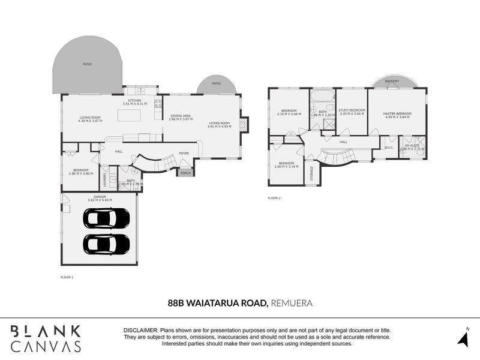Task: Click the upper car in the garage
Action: tap(106, 218)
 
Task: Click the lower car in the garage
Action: tap(106, 244)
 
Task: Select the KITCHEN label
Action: tap(134, 101)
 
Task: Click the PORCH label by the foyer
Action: tap(185, 173)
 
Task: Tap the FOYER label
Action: tap(184, 153)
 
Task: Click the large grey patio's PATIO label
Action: tap(88, 64)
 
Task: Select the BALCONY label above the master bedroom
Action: tap(392, 80)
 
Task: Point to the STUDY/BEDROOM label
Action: tap(351, 110)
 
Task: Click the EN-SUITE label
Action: tap(412, 145)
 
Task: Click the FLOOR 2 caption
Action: tap(274, 197)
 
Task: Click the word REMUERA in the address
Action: tap(292, 304)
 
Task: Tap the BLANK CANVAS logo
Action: tap(46, 338)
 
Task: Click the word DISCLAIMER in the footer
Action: tap(140, 331)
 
